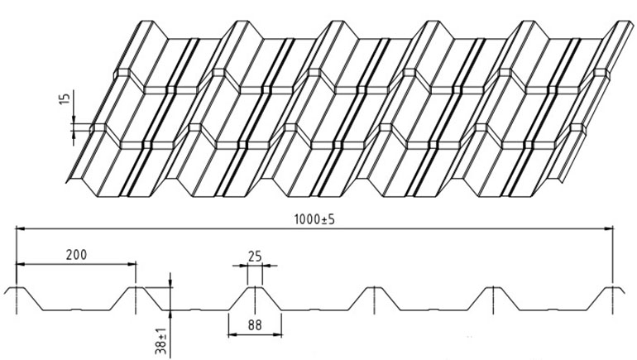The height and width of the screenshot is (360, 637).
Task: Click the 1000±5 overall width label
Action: [314, 219]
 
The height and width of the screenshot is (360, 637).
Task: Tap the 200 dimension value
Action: [76, 254]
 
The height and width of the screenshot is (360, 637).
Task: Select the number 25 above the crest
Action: [255, 257]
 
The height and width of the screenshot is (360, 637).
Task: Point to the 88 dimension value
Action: [255, 324]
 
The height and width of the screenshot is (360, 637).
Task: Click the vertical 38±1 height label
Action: [161, 340]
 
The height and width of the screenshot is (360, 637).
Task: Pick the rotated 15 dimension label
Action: [65, 98]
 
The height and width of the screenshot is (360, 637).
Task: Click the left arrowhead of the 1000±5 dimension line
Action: [21, 228]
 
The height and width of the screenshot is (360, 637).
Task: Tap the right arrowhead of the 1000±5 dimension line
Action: [609, 228]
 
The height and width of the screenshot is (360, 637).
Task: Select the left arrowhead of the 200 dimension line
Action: [21, 264]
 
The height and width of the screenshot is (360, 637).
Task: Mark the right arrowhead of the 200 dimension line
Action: [132, 264]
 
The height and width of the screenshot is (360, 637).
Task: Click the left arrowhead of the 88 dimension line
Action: [232, 335]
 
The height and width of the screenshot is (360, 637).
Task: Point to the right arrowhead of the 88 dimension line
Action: [277, 335]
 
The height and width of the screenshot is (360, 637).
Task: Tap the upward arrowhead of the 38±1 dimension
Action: [170, 314]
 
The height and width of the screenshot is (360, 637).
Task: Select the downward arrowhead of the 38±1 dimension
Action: [170, 283]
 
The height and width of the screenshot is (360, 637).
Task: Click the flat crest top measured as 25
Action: [255, 287]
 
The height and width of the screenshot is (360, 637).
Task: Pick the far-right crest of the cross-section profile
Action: [613, 288]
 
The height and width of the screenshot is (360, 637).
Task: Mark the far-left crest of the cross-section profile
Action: [17, 288]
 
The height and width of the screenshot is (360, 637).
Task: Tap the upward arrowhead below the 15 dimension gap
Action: [74, 136]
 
